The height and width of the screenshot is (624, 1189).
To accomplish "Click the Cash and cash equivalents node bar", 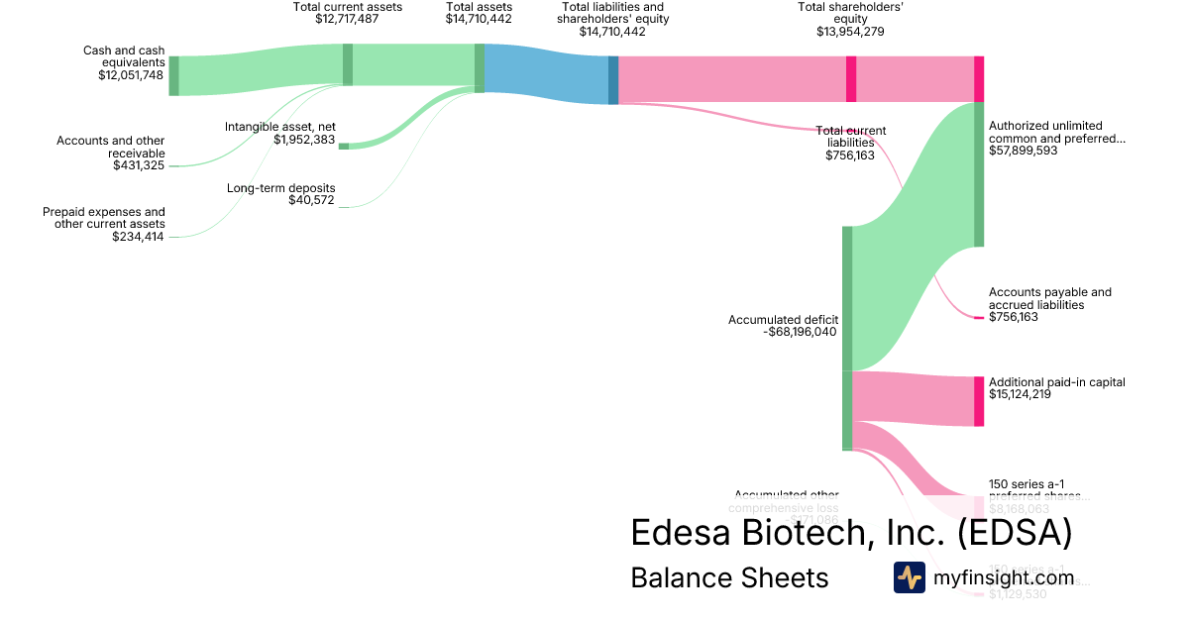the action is (x=173, y=75).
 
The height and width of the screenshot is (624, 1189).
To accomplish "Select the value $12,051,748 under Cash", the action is (x=131, y=75).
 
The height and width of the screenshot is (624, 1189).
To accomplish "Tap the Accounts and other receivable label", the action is (x=111, y=147).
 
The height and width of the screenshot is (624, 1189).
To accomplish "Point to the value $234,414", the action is (x=139, y=237).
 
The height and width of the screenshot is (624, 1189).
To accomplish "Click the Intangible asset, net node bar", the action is (x=344, y=146).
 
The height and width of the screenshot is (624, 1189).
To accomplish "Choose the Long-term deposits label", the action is (x=281, y=188).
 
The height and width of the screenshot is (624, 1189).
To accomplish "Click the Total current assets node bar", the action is (x=348, y=64).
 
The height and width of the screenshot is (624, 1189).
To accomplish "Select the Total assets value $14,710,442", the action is (x=479, y=19).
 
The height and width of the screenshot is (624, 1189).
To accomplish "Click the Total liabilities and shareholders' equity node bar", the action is (x=613, y=79).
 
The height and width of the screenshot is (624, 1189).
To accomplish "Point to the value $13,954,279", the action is (x=850, y=32).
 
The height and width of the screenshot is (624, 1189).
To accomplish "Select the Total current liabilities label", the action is (x=851, y=137).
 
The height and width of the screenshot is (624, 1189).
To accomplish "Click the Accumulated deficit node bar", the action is (x=847, y=338).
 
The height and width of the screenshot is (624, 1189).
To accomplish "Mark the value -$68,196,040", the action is (x=801, y=333).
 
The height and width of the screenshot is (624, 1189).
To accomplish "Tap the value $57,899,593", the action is (x=1023, y=152).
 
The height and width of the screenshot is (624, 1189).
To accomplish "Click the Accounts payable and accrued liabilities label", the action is (x=1049, y=298).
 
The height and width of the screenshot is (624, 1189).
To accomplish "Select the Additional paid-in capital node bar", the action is (x=979, y=401).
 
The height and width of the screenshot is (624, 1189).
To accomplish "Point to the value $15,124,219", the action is (x=1020, y=395).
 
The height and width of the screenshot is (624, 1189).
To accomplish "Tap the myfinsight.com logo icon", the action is (x=909, y=577).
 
